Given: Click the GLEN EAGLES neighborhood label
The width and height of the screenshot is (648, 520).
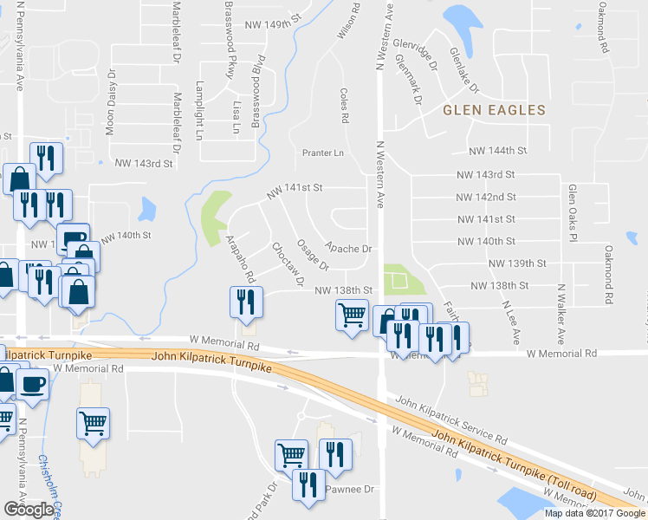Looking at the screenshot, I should coord(494,110).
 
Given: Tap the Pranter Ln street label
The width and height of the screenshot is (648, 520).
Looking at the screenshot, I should coord(323,153).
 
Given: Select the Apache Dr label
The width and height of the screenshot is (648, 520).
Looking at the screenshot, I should coord(348,249).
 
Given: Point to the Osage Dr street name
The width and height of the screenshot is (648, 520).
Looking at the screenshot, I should coord(313,254).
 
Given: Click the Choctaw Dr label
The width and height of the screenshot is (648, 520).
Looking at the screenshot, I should coord(288,264).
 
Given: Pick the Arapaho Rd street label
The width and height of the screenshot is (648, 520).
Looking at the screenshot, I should coord(240,258).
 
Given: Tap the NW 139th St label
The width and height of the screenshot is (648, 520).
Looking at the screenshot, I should coord(517,263).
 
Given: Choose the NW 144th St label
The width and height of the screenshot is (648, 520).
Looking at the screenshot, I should coord(498,150).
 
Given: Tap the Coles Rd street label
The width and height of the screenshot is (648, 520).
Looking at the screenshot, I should coord(344,104).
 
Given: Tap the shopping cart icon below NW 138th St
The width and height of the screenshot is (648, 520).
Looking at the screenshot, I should coord(352,315).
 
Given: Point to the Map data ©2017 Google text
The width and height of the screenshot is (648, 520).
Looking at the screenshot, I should coord(594,513).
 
